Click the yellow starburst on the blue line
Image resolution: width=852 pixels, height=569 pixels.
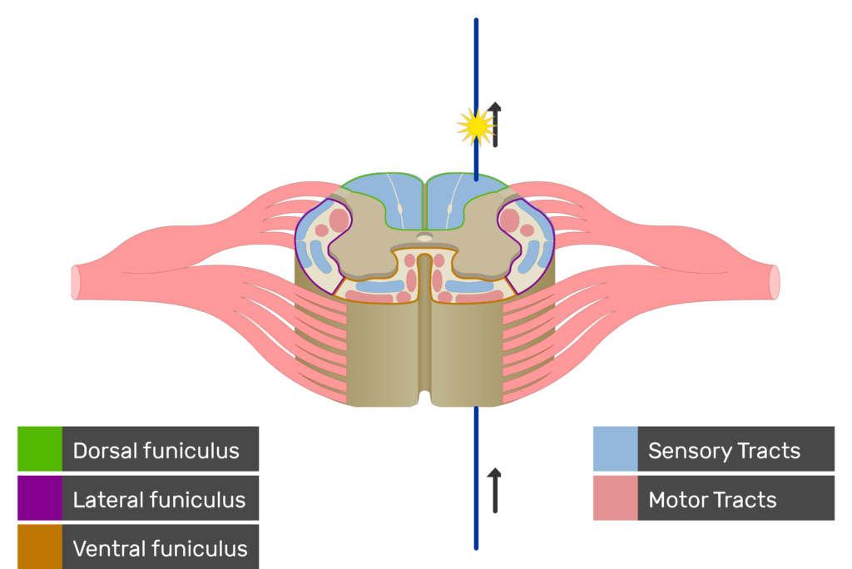click(476, 126)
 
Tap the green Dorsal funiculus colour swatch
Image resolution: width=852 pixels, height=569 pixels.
click(39, 449)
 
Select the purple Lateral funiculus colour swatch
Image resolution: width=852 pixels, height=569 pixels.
click(39, 498)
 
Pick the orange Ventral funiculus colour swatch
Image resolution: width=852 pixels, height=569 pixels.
click(39, 547)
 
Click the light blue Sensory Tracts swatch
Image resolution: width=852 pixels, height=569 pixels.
click(615, 449)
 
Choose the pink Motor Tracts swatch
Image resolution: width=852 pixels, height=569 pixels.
click(615, 498)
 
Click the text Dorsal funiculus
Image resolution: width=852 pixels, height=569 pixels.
click(156, 451)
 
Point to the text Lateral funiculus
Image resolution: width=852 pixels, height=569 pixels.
click(159, 500)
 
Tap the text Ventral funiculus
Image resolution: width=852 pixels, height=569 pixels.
click(160, 549)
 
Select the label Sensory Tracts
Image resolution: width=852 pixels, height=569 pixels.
click(724, 451)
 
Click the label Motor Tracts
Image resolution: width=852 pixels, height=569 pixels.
click(712, 500)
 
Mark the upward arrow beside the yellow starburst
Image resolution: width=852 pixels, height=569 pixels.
click(496, 125)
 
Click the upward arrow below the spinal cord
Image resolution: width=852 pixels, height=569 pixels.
click(495, 491)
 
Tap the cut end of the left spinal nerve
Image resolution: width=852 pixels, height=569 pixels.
click(76, 282)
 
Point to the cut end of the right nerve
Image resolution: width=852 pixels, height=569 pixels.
click(775, 282)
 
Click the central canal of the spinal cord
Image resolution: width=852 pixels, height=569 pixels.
click(424, 238)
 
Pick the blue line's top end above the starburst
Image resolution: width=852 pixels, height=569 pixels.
click(476, 22)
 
